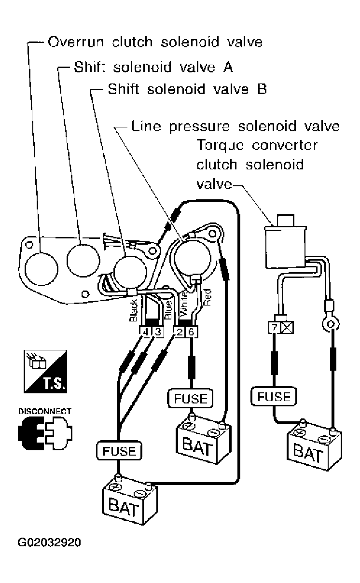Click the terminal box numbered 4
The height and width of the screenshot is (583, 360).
coord(146,332)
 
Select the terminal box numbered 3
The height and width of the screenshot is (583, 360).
coord(158,332)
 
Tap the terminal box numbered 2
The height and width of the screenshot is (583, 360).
coord(180,332)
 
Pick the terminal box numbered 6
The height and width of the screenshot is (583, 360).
coord(191,332)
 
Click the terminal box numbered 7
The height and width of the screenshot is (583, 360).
coord(275,327)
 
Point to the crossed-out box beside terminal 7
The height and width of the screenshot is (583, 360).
coord(287,327)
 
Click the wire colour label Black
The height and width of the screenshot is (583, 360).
coord(133,310)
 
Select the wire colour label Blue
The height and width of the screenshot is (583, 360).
coord(168,310)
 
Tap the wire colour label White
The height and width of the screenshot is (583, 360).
coord(184,304)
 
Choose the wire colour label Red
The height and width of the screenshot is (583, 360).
coord(207,297)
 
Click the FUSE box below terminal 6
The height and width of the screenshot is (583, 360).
coord(190,399)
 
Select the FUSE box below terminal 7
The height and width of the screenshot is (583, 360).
coord(274,396)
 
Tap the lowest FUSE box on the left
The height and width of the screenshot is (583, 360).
coord(119,451)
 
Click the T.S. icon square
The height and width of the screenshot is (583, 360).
coord(45,372)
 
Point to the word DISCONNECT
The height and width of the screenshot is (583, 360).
coord(45,411)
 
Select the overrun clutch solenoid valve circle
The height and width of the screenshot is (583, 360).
coord(42,269)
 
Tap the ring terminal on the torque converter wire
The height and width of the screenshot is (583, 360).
coord(331,324)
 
